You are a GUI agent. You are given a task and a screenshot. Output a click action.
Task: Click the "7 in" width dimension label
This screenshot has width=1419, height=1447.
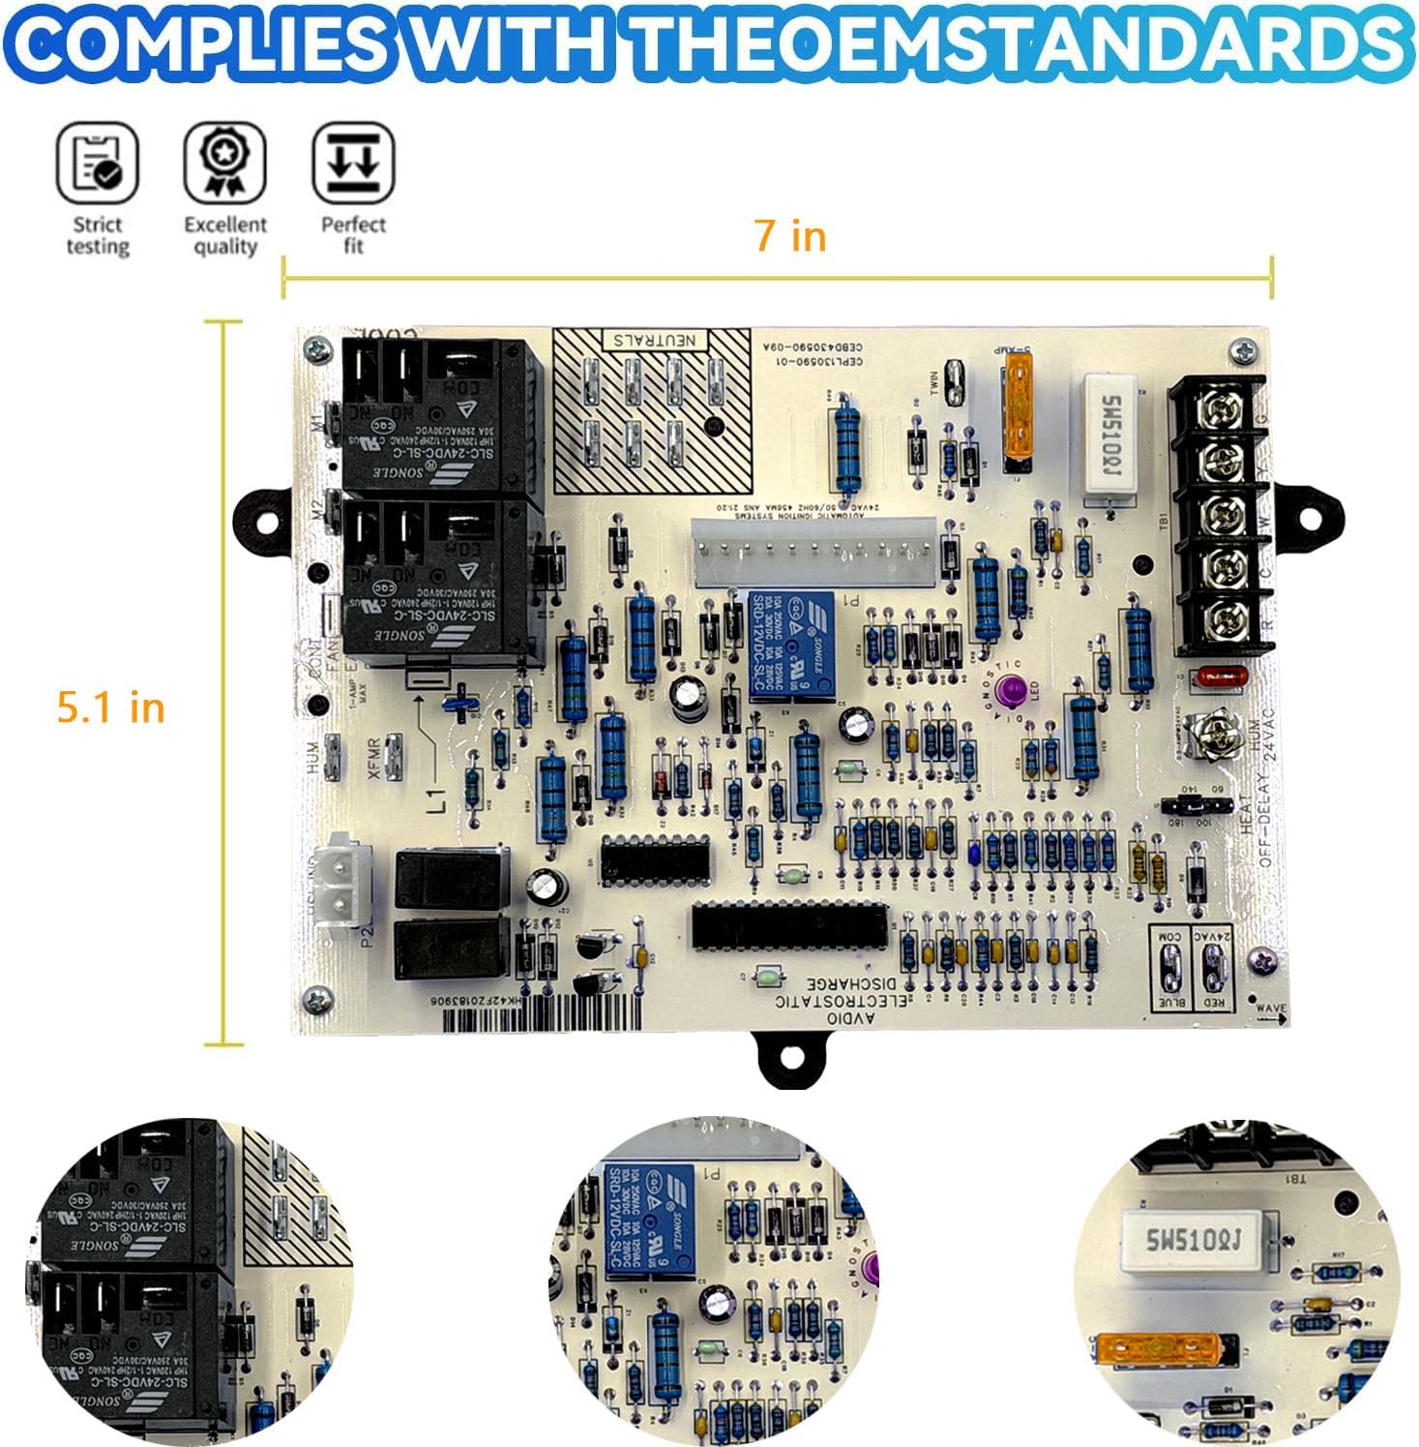pos(790,236)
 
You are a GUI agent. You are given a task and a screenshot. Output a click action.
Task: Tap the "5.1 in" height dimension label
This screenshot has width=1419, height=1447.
pos(110,708)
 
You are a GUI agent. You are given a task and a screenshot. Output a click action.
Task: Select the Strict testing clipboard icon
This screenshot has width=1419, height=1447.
pos(97,163)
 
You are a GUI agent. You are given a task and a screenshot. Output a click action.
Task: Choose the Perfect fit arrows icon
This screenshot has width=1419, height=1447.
pos(353,163)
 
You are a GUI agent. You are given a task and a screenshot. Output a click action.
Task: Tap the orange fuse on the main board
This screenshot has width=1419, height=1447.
pos(1019,406)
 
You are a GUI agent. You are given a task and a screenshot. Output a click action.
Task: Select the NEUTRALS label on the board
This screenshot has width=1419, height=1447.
pos(654,340)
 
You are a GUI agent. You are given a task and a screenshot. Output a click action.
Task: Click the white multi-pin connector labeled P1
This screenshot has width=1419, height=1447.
pos(813,554)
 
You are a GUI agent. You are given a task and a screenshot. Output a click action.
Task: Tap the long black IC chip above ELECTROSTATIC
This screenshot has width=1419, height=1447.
pos(789,926)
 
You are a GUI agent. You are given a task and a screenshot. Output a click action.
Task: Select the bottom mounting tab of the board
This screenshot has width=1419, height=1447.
pos(790,1058)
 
